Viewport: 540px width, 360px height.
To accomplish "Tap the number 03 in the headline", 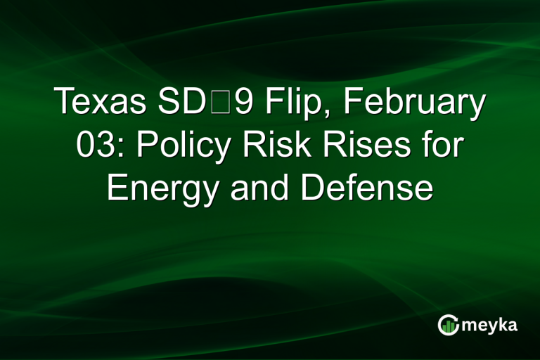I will coord(92,146).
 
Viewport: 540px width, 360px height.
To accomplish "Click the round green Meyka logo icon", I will coord(449,324).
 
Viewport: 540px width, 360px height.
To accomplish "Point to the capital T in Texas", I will coord(65,103).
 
